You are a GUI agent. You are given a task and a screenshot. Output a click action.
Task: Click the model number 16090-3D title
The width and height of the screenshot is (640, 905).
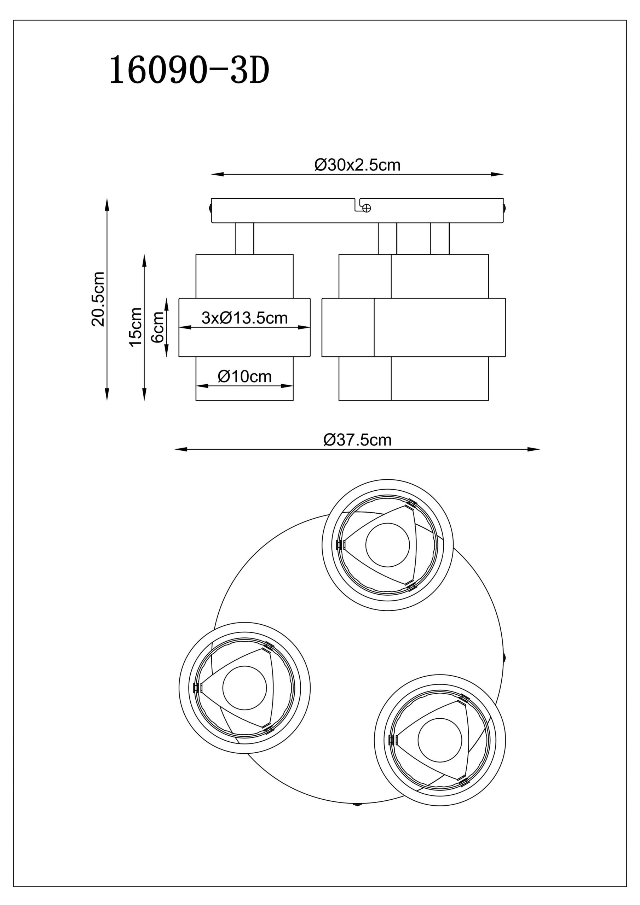tap(189, 70)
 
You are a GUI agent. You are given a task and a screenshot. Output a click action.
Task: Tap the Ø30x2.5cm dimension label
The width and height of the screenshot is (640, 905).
tap(357, 165)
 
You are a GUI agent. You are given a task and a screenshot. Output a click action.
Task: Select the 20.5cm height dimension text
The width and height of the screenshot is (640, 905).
tap(98, 299)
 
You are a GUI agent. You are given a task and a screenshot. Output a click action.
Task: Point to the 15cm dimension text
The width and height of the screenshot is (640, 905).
tap(136, 327)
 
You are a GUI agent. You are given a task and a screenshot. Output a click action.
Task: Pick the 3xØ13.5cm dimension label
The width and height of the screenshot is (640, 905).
tap(244, 318)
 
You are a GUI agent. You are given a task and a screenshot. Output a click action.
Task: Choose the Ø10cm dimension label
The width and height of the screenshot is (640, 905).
tap(244, 376)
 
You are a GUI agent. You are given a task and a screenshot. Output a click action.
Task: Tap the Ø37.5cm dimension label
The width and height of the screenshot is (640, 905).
tap(357, 439)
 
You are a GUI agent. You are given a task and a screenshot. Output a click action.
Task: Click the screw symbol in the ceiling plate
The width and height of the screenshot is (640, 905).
tap(367, 208)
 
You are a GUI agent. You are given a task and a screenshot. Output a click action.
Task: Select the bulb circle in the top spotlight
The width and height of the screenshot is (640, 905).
tap(387, 545)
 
